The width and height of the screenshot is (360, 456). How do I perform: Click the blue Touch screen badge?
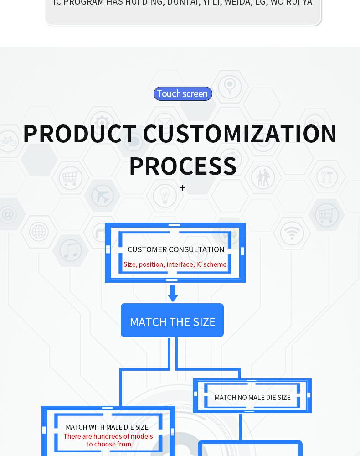click(x=182, y=93)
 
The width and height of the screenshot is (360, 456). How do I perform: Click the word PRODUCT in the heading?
click(x=79, y=134)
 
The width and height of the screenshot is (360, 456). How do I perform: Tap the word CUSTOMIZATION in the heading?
click(x=240, y=134)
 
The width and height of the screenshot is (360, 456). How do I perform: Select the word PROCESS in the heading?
click(x=182, y=166)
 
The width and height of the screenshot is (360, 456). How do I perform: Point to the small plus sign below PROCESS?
click(x=182, y=188)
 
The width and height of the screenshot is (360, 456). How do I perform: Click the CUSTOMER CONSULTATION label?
click(x=175, y=249)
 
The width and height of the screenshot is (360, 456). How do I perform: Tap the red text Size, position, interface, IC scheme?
click(x=175, y=264)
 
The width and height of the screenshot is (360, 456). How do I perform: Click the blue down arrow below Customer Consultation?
click(x=173, y=293)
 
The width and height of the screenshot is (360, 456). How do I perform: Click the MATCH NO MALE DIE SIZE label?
click(x=252, y=398)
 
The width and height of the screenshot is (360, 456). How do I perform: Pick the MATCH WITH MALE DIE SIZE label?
click(x=107, y=427)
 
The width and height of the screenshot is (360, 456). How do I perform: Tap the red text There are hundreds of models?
click(x=108, y=436)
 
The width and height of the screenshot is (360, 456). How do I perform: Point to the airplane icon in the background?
click(x=103, y=196)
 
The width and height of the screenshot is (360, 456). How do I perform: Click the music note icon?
click(x=71, y=250)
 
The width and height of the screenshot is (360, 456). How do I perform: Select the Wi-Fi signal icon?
click(x=292, y=233)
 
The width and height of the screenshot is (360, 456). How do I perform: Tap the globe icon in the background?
click(x=39, y=232)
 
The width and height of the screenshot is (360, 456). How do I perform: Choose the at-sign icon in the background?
click(x=9, y=214)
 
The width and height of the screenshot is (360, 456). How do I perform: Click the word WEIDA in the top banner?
click(x=237, y=3)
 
